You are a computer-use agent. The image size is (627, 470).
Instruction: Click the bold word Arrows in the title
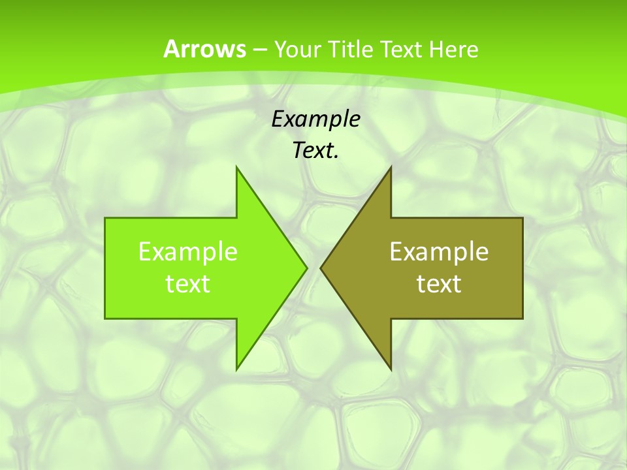pos(204,49)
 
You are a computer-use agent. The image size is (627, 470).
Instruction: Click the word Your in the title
pos(298,49)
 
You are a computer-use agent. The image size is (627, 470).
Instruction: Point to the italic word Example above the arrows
pos(315,119)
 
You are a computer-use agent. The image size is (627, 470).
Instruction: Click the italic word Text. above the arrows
pos(315,151)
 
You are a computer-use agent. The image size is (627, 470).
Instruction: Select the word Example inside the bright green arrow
pos(188,251)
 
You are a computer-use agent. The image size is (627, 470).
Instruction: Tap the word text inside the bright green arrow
pos(188,283)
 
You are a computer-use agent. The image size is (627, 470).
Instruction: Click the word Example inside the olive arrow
pos(439,251)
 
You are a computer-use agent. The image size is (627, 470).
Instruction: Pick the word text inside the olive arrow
pos(439,283)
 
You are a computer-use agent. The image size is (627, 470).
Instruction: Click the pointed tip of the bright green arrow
pos(306,268)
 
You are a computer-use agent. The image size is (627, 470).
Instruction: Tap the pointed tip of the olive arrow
pos(321,268)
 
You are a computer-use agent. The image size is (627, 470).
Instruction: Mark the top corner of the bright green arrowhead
pos(236,167)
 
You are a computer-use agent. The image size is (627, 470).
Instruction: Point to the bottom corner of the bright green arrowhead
pos(236,369)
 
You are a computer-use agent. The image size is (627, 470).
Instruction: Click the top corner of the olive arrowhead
pos(391,167)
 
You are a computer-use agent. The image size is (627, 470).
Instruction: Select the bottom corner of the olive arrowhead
pos(391,369)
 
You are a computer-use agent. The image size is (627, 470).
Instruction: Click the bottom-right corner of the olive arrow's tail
pos(522,319)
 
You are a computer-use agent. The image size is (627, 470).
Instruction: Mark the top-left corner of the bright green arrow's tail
pos(105,218)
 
